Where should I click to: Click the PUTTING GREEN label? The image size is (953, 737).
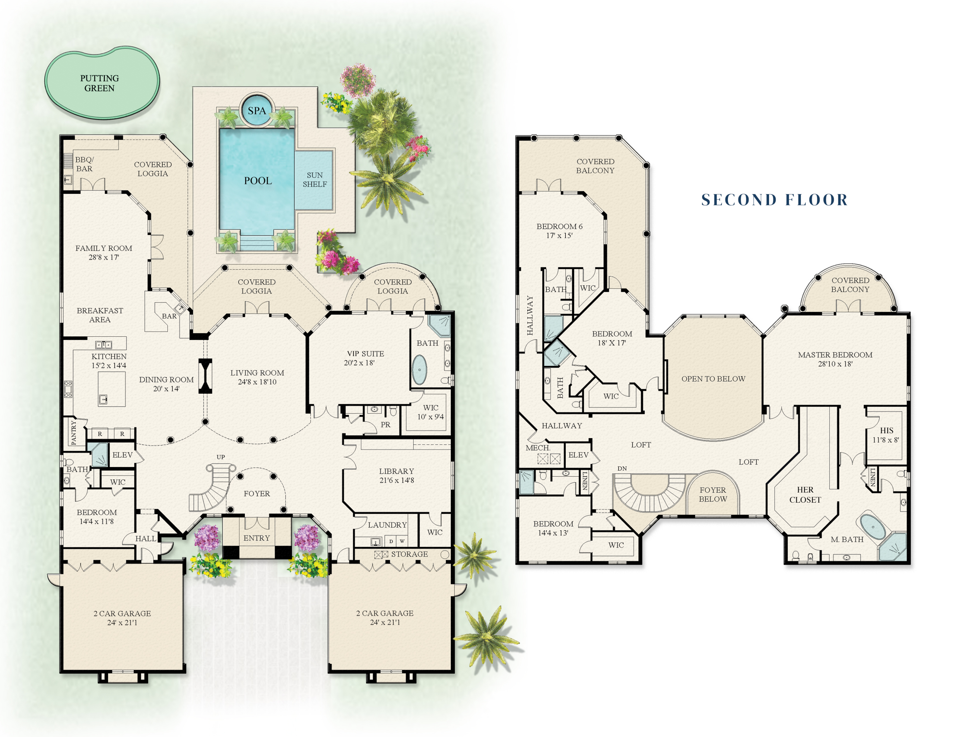[99, 83]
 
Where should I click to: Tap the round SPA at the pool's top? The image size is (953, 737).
[257, 110]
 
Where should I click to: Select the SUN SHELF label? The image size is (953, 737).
[314, 179]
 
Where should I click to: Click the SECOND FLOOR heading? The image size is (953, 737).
[774, 200]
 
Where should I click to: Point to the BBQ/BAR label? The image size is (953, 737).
[84, 164]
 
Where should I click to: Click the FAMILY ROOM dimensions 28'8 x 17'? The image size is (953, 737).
[104, 258]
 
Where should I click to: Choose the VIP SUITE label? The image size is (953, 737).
[365, 354]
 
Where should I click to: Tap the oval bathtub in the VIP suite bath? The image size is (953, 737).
[419, 370]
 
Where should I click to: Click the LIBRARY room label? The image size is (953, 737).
[396, 471]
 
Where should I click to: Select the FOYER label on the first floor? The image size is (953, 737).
[257, 493]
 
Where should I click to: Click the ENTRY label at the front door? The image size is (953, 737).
[257, 538]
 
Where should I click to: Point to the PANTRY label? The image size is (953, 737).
[73, 432]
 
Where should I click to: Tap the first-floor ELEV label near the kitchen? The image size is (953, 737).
[122, 455]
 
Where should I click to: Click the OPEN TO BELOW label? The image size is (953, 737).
[713, 379]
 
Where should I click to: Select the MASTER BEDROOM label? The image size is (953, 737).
[835, 355]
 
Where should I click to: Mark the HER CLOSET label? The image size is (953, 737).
[805, 495]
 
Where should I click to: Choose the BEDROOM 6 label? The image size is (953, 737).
[559, 227]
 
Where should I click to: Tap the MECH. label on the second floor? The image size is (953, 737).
[538, 448]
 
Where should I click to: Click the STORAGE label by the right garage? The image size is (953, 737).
[409, 554]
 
